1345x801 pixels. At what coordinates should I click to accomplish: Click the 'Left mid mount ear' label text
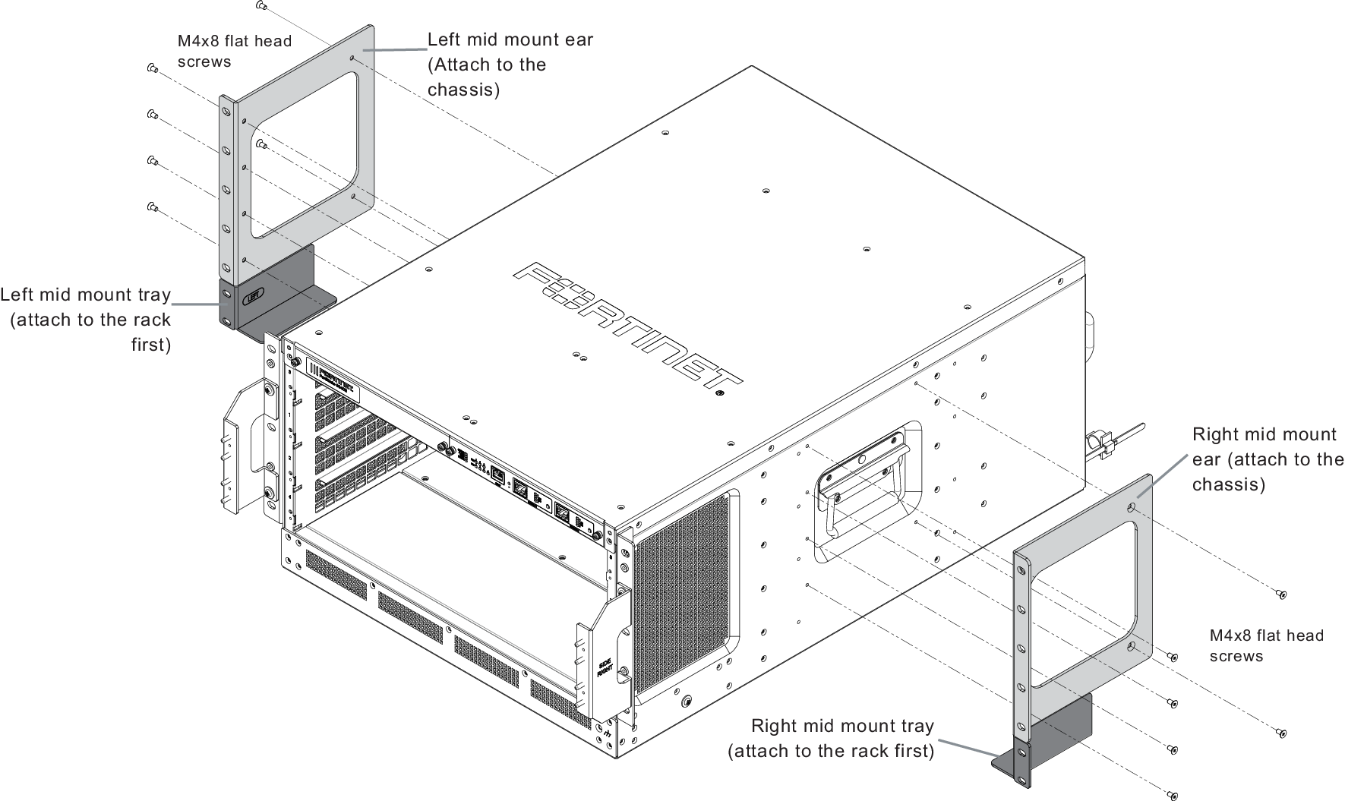coord(510,39)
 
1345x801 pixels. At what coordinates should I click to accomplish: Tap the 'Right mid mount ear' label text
coord(1264,434)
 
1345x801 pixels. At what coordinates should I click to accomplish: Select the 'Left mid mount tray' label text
coord(85,295)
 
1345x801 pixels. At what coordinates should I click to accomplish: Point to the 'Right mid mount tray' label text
coord(842,726)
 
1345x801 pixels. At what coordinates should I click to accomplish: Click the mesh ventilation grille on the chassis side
coord(683,592)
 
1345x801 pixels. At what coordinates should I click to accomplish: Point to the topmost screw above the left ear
coord(261,6)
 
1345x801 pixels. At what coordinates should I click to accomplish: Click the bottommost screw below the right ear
coord(1173,795)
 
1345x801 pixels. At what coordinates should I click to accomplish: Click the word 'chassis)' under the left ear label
coord(464,90)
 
